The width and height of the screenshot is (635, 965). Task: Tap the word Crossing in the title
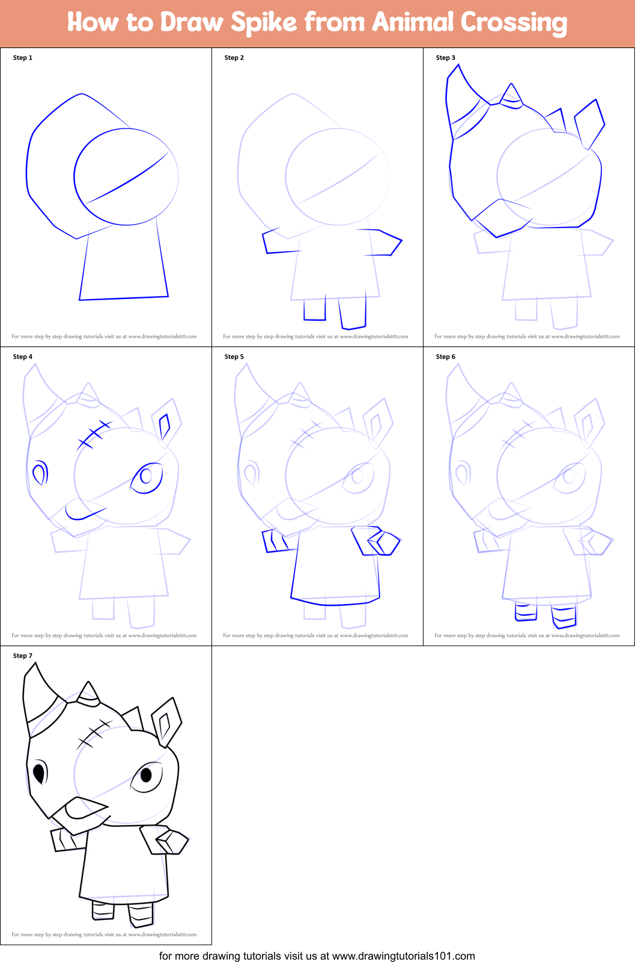(x=514, y=23)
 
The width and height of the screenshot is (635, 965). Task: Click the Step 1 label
(x=23, y=58)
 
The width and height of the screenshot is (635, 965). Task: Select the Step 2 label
(x=234, y=58)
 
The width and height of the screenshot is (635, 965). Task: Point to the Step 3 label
(x=446, y=58)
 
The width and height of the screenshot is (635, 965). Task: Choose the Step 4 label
(x=23, y=357)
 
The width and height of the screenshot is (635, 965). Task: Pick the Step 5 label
(x=234, y=357)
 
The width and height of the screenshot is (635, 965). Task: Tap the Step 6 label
(x=446, y=357)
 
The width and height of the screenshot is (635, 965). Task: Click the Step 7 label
(x=23, y=656)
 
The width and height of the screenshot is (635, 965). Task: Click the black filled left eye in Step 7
(x=40, y=772)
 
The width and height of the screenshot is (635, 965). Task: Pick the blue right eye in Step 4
(x=147, y=477)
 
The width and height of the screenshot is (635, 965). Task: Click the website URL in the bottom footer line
(x=403, y=955)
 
